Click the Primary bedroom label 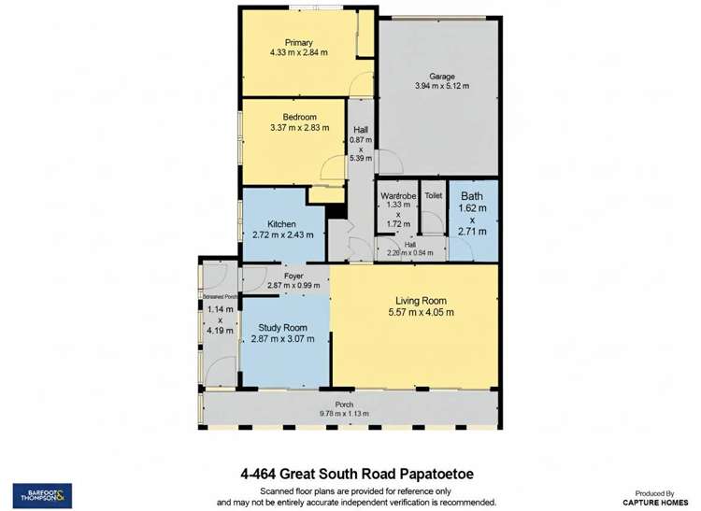coord(299,42)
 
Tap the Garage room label coord(441,76)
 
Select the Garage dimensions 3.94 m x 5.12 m coord(441,86)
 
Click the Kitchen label coord(281,224)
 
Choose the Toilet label coord(433,196)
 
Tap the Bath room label coord(472,195)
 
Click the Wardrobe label coord(397,196)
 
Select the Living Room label coord(421,301)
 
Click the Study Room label coord(283,328)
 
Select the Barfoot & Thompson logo coord(42,494)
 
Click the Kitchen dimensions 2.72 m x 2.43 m coord(281,235)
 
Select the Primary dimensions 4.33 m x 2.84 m coord(299,53)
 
